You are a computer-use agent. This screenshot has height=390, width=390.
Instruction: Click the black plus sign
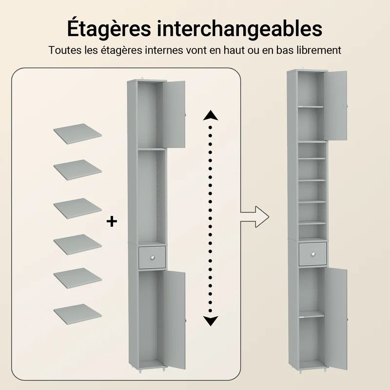click(x=112, y=221)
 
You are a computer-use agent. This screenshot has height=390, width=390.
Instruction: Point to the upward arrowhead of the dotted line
click(x=211, y=116)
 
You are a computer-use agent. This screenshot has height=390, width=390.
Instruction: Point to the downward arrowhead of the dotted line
click(x=211, y=321)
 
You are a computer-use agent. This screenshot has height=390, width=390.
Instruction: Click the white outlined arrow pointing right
click(x=254, y=216)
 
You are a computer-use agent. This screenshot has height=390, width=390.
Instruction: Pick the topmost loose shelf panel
click(x=78, y=134)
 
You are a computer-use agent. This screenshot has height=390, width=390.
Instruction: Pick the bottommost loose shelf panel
click(x=78, y=314)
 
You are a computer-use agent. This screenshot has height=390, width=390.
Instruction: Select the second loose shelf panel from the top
click(x=78, y=170)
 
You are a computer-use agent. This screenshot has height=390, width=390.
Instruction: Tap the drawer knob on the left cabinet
click(x=153, y=257)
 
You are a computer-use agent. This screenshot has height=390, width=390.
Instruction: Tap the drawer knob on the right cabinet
click(x=313, y=254)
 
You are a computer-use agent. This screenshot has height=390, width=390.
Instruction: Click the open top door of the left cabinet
click(x=174, y=115)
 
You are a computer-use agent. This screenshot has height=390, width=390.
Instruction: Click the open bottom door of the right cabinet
click(x=336, y=319)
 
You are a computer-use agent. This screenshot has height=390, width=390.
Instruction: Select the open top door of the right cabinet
click(x=335, y=106)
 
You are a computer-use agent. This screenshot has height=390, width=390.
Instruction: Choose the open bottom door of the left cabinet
click(x=175, y=320)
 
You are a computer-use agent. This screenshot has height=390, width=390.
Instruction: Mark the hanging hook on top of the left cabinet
click(x=142, y=78)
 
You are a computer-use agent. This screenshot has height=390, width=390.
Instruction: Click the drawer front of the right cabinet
click(x=313, y=254)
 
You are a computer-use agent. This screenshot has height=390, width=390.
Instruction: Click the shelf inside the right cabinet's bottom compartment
click(x=312, y=314)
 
